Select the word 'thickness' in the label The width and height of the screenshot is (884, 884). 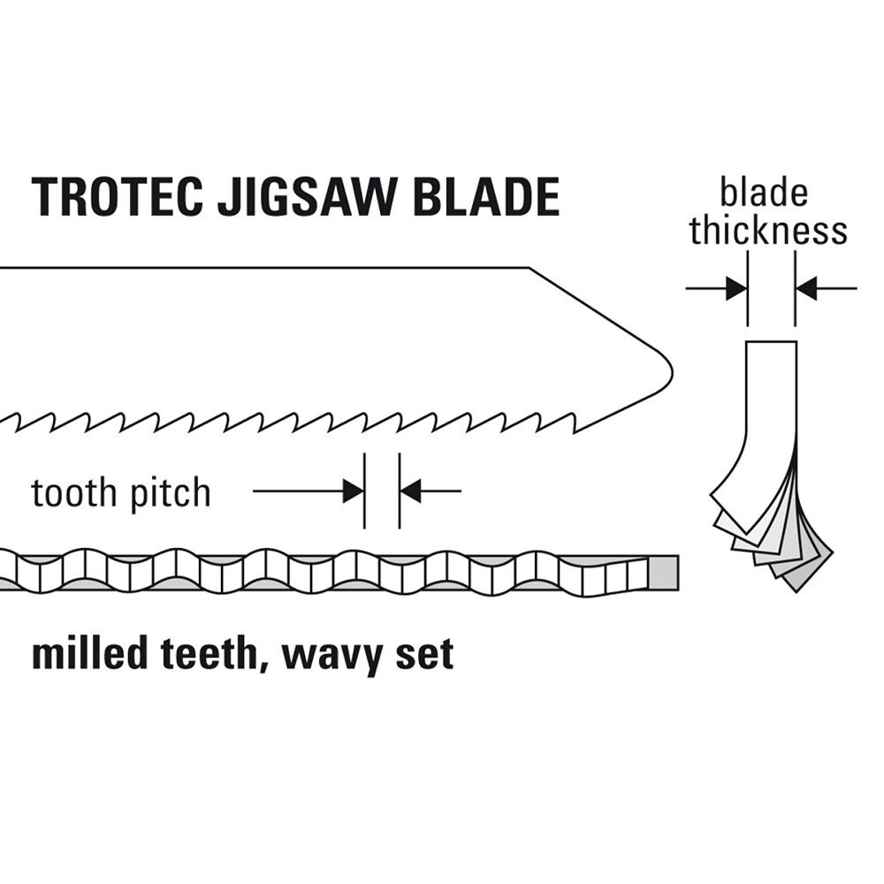pyautogui.click(x=768, y=231)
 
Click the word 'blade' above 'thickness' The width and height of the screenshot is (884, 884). pyautogui.click(x=764, y=193)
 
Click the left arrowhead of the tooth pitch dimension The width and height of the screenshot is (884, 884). pyautogui.click(x=354, y=491)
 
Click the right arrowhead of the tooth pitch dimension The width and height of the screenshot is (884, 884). pyautogui.click(x=410, y=491)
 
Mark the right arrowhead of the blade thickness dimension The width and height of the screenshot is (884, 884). pyautogui.click(x=806, y=288)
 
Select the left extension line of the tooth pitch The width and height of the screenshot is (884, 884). pyautogui.click(x=364, y=491)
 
